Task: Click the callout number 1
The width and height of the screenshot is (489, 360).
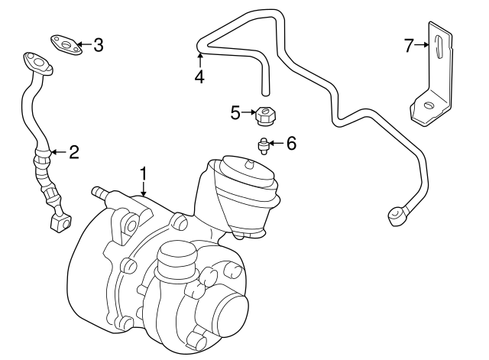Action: [144, 175]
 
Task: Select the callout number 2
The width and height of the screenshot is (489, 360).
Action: [74, 152]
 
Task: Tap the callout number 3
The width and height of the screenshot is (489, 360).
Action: [98, 45]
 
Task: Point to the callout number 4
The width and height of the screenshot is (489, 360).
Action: [199, 76]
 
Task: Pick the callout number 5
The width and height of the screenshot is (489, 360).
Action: [235, 113]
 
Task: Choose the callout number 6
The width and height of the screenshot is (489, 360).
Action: [290, 142]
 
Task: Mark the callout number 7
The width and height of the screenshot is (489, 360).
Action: [409, 46]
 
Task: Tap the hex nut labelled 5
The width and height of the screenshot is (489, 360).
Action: [265, 115]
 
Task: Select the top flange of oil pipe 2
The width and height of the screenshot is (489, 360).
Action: [35, 61]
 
